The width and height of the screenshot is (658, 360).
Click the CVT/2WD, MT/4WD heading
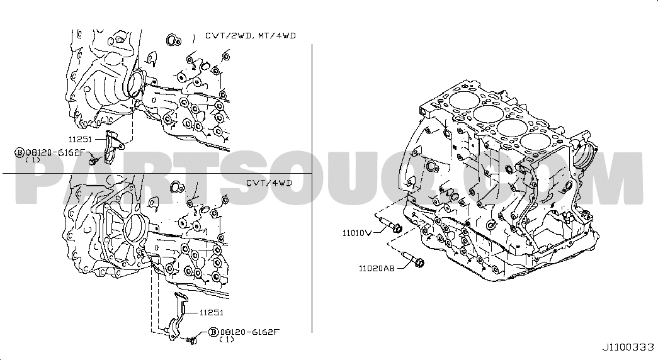251,36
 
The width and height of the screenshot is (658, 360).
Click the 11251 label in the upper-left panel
81,139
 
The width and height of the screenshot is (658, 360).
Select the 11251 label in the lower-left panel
212,313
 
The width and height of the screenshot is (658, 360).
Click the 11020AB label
377,268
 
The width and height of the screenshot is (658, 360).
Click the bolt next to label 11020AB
412,259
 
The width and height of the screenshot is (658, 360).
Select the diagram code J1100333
628,347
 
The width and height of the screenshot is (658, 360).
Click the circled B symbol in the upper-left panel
20,152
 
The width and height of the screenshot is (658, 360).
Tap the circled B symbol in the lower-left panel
213,332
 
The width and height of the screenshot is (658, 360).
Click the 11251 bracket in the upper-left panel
112,147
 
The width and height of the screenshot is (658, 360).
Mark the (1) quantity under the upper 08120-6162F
33,160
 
